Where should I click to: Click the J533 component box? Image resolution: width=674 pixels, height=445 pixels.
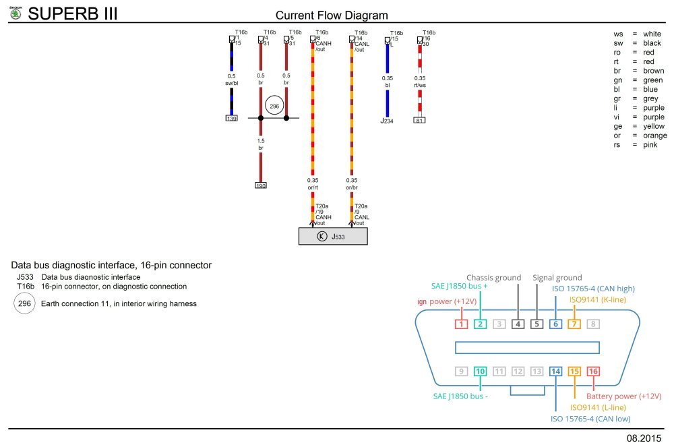tap(333, 237)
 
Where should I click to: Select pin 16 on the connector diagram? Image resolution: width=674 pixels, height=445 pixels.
tap(593, 371)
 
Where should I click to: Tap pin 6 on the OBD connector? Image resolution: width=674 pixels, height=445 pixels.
tap(555, 324)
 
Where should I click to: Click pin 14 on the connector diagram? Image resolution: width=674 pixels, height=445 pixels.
tap(555, 371)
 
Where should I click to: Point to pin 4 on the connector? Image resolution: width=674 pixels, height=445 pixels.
tap(518, 324)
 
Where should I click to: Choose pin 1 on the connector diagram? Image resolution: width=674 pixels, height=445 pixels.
tap(461, 324)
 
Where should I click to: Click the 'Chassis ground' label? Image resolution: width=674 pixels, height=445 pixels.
tap(494, 277)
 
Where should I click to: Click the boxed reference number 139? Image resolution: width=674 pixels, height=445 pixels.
tap(231, 118)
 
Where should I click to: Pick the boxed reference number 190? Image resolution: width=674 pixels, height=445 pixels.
tap(260, 185)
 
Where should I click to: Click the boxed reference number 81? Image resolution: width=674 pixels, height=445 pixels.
tap(419, 120)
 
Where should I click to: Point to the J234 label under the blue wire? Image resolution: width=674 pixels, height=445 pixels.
tap(387, 121)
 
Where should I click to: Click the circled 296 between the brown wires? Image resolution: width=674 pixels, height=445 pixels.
tap(274, 107)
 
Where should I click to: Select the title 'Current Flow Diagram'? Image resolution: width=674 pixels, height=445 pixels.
tap(332, 16)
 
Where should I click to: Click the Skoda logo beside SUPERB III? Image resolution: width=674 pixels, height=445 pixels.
tap(13, 13)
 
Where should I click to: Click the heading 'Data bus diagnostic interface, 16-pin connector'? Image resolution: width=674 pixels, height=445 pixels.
tap(111, 265)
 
